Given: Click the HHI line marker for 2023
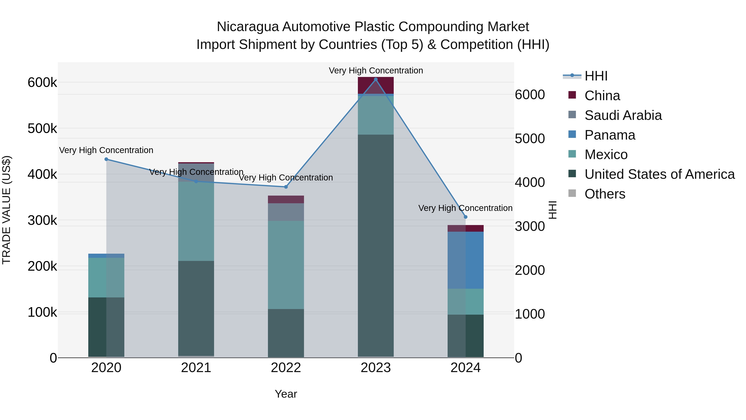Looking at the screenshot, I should (376, 79).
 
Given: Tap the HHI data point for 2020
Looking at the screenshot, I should (106, 159).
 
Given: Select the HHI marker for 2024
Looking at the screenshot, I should (465, 217).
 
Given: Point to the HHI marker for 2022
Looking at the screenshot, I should (286, 187).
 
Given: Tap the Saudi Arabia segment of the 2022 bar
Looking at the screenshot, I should (286, 212).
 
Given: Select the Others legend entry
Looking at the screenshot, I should (604, 194).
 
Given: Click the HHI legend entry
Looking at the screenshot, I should (596, 76).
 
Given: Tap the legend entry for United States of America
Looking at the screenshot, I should (659, 174).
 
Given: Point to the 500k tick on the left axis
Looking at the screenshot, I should (42, 128).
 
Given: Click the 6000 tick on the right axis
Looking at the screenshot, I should (530, 95).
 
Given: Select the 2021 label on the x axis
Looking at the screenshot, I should (196, 368).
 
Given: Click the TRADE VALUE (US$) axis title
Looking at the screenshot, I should (7, 210).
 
